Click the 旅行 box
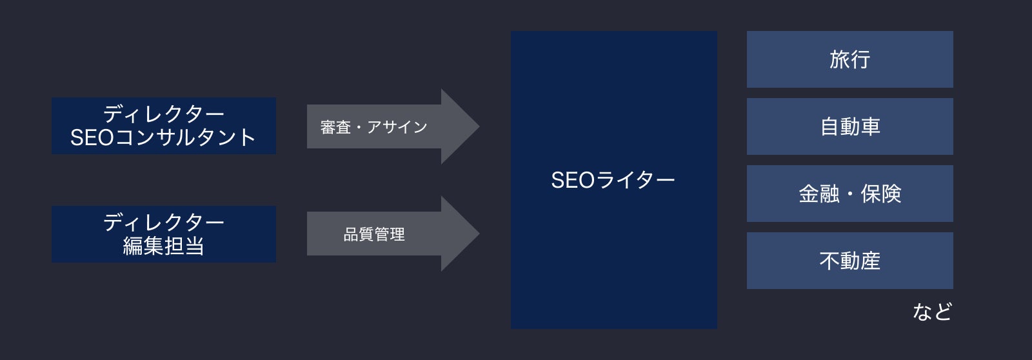pyautogui.click(x=849, y=59)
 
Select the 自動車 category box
pyautogui.click(x=849, y=126)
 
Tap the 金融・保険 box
pyautogui.click(x=849, y=194)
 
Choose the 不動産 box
pyautogui.click(x=849, y=261)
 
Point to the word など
pyautogui.click(x=932, y=312)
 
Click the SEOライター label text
pyautogui.click(x=613, y=180)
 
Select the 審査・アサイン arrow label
pyautogui.click(x=373, y=126)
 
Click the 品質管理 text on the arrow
pyautogui.click(x=374, y=234)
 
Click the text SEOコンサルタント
pyautogui.click(x=163, y=137)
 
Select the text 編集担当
pyautogui.click(x=164, y=246)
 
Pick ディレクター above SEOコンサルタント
pyautogui.click(x=164, y=114)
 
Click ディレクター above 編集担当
pyautogui.click(x=164, y=222)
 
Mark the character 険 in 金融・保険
pyautogui.click(x=891, y=194)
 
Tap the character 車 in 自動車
pyautogui.click(x=870, y=126)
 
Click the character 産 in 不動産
pyautogui.click(x=870, y=261)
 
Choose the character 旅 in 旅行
pyautogui.click(x=839, y=59)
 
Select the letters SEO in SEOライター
pyautogui.click(x=573, y=180)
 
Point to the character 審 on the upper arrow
pyautogui.click(x=328, y=126)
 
